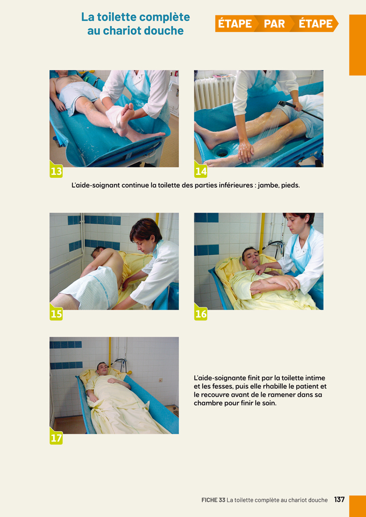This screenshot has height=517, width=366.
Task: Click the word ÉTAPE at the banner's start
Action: pyautogui.click(x=235, y=24)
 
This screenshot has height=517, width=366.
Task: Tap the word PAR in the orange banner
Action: pyautogui.click(x=274, y=24)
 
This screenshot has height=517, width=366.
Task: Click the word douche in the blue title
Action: pyautogui.click(x=163, y=31)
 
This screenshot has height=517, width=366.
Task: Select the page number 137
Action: pyautogui.click(x=339, y=499)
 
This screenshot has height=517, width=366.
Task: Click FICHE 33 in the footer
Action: pyautogui.click(x=213, y=500)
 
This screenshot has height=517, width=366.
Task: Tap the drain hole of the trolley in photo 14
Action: pyautogui.click(x=222, y=151)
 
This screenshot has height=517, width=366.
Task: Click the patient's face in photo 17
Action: pyautogui.click(x=102, y=368)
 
